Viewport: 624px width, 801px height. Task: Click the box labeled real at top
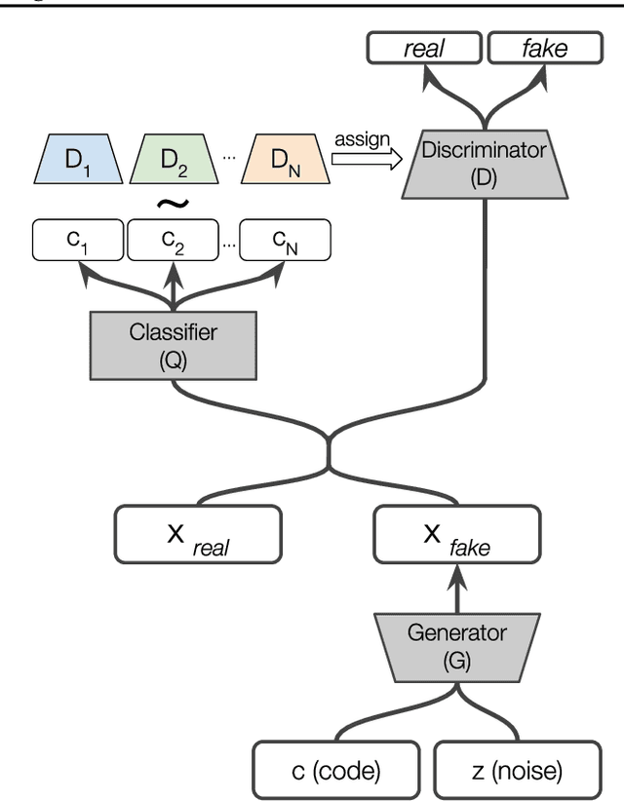pos(424,49)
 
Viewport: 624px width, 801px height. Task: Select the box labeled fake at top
pos(529,49)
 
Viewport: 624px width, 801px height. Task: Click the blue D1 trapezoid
pos(77,159)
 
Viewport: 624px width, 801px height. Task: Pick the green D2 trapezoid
pos(173,159)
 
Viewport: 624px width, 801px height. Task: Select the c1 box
pos(78,239)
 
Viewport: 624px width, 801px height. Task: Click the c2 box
pos(174,239)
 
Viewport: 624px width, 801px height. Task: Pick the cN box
pos(285,239)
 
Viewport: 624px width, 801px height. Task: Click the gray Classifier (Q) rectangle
pos(174,345)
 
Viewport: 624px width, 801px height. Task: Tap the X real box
pos(198,533)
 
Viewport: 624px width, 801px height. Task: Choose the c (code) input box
pos(336,772)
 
